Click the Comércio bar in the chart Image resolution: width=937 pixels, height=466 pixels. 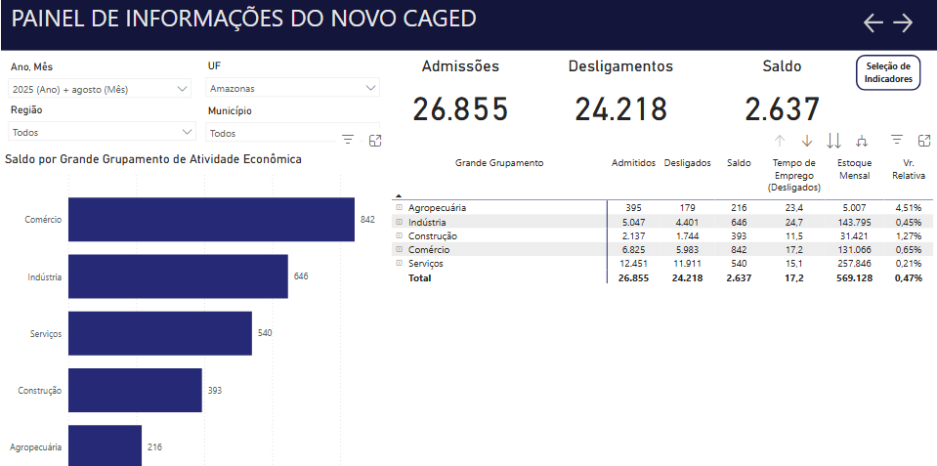click(212, 219)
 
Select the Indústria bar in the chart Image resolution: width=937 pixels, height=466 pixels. click(178, 276)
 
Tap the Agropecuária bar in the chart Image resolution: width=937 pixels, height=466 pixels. click(106, 445)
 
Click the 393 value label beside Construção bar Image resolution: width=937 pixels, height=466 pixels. click(215, 391)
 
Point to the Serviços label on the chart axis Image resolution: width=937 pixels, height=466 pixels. click(46, 334)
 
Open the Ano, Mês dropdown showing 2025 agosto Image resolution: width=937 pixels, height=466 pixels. click(101, 89)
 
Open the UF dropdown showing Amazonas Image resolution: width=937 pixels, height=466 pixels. click(293, 88)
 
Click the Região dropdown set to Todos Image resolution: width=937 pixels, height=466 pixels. click(103, 132)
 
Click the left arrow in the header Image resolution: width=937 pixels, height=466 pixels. click(873, 22)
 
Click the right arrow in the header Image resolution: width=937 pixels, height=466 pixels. click(903, 22)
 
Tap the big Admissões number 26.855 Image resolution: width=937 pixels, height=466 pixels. click(460, 109)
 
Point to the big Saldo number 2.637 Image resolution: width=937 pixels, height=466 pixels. click(783, 109)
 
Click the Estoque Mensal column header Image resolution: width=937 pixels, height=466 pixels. click(855, 169)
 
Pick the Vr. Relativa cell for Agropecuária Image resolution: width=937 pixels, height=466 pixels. click(909, 208)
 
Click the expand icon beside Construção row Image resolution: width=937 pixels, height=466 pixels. click(400, 235)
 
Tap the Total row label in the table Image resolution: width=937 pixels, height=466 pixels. click(419, 277)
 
